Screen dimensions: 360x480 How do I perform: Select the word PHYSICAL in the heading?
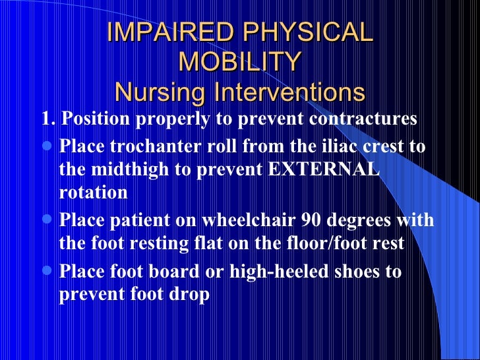point(308,32)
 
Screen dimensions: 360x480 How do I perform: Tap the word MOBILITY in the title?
point(240,62)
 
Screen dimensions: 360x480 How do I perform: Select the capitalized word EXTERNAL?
point(324,169)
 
